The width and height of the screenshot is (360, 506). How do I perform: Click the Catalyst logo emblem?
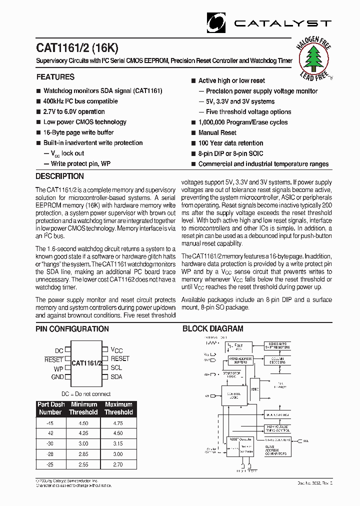point(216,22)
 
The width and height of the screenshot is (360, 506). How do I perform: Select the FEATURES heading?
point(55,77)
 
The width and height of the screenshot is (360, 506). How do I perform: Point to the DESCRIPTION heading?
point(59,176)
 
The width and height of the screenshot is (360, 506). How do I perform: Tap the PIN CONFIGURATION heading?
point(72,329)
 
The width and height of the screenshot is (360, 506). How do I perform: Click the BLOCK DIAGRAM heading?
point(212,329)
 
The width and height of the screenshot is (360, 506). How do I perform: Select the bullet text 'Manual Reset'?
point(217,133)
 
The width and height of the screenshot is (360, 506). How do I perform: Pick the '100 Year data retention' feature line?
point(230,143)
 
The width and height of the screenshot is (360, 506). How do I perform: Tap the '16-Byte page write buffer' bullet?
point(78,132)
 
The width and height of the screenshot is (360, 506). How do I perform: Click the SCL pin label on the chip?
point(116,367)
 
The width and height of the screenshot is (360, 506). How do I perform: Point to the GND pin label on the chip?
point(57,377)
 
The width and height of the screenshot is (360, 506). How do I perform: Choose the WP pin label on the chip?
point(59,368)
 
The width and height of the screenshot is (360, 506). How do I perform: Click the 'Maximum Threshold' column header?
point(118,408)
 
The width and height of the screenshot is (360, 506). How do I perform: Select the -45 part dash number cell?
point(49,422)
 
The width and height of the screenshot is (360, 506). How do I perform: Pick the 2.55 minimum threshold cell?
point(83,464)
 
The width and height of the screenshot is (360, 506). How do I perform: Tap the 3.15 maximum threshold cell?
point(118,443)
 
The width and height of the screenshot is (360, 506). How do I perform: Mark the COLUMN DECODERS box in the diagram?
point(278,361)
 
